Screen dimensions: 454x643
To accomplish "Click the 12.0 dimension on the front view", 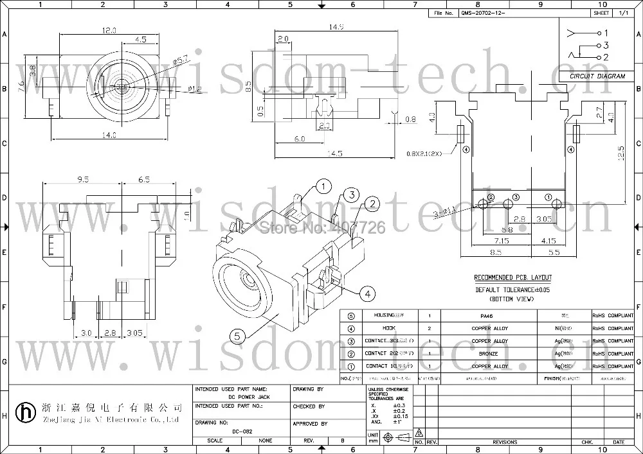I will click(x=108, y=30).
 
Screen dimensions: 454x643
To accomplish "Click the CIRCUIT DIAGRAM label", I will click(x=597, y=76).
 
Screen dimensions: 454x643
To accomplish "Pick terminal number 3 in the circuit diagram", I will click(x=606, y=45).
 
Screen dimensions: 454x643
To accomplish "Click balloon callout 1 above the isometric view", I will click(x=323, y=186).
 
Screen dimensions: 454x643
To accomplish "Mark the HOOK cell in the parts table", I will click(x=379, y=328).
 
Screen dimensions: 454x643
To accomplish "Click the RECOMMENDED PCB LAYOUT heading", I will click(x=512, y=277).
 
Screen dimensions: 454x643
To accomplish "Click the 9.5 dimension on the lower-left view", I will click(x=82, y=180).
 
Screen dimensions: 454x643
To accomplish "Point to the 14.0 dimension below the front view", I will click(x=108, y=135).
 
